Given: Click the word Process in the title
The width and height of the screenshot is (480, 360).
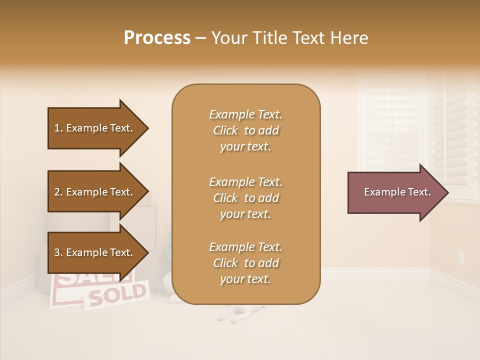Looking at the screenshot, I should point(157,38).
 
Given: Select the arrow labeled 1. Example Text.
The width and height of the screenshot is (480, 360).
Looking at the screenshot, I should point(95,128).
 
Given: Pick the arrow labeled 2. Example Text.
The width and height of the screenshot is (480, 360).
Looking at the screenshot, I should point(95,192).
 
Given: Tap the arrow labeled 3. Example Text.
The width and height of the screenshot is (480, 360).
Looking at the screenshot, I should point(95,252).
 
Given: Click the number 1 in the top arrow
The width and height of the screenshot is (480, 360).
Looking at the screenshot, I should point(57,128).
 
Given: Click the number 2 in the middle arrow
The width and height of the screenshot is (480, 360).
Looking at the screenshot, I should point(57,192).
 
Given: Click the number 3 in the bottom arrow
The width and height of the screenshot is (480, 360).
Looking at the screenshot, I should point(57,252).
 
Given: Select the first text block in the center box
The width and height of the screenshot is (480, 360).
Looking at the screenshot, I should point(245,130).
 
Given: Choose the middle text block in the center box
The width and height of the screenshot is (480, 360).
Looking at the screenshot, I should point(245,197).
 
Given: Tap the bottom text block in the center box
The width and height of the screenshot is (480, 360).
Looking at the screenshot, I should point(245,263).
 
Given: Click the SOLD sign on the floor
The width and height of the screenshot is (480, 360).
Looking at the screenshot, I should point(118,295).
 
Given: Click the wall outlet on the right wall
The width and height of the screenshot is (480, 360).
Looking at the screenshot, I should point(460,257).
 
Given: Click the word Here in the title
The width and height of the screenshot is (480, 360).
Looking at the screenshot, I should point(349,38).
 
